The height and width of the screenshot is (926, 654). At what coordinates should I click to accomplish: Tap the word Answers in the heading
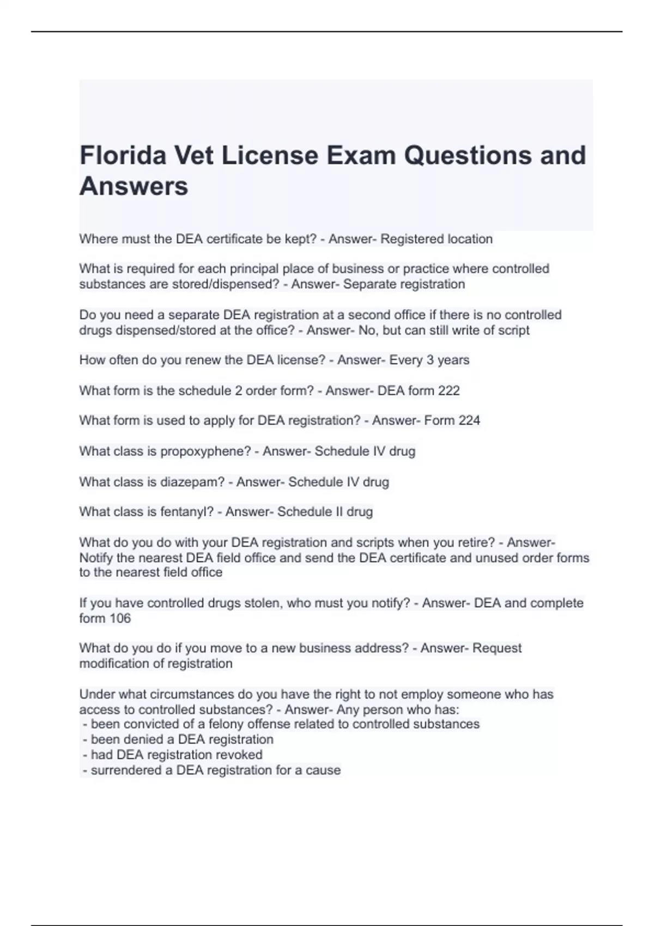[x=134, y=186]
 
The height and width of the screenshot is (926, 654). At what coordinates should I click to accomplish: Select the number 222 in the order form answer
[x=449, y=391]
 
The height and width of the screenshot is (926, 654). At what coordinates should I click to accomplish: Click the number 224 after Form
[x=469, y=421]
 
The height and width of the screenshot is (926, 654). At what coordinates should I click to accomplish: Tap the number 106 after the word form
[x=120, y=618]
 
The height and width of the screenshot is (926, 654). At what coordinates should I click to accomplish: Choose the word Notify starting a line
[x=96, y=558]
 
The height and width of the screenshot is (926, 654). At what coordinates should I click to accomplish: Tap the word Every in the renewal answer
[x=405, y=360]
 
